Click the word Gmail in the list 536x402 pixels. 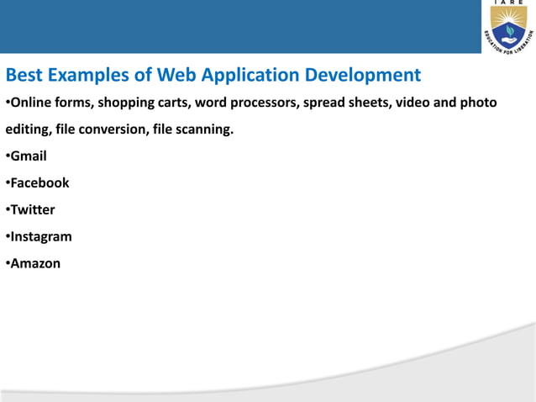(29, 156)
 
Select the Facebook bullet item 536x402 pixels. (39, 183)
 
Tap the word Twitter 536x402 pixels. (33, 210)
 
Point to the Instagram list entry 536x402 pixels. (41, 237)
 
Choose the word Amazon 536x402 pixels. (35, 264)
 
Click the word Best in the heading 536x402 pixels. (24, 75)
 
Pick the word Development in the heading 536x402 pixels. (362, 75)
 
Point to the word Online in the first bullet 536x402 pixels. (32, 103)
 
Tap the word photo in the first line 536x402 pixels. (478, 103)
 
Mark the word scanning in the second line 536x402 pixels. (205, 130)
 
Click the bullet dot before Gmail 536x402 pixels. (8, 156)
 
